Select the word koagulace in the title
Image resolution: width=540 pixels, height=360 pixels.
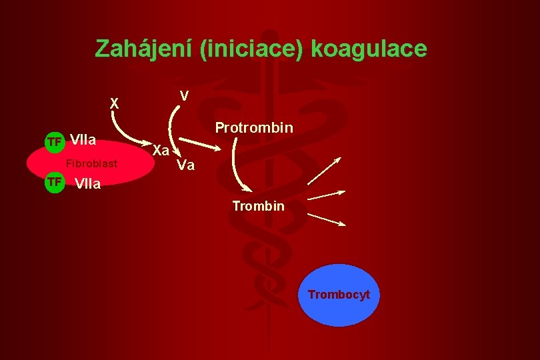pyautogui.click(x=369, y=49)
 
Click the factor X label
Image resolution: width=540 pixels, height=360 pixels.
pyautogui.click(x=115, y=104)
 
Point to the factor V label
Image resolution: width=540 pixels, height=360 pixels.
pyautogui.click(x=185, y=97)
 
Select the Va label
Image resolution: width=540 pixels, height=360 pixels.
pyautogui.click(x=185, y=165)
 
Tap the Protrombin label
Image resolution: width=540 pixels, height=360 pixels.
pyautogui.click(x=254, y=127)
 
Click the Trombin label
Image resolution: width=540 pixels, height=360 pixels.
pyautogui.click(x=258, y=207)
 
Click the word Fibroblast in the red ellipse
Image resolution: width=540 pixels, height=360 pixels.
pyautogui.click(x=91, y=164)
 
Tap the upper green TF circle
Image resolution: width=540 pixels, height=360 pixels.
pyautogui.click(x=54, y=141)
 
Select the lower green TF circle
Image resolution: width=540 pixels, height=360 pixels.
pyautogui.click(x=54, y=182)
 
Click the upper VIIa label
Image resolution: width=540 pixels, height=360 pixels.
pyautogui.click(x=84, y=141)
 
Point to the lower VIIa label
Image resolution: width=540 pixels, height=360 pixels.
pyautogui.click(x=88, y=183)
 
